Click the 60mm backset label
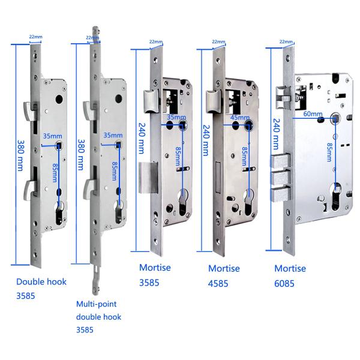[x=313, y=113]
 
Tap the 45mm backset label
[x=239, y=118]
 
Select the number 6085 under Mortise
[x=284, y=284]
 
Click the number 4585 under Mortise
[x=218, y=284]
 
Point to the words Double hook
[x=41, y=282]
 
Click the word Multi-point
[x=97, y=304]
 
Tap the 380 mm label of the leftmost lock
[x=20, y=155]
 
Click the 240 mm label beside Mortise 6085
[x=277, y=134]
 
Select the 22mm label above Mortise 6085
[x=286, y=41]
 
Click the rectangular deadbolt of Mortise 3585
[x=148, y=178]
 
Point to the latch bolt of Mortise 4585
[x=213, y=102]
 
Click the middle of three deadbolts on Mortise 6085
[x=280, y=178]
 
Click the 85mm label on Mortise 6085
[x=329, y=152]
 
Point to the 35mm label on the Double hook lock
[x=53, y=136]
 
